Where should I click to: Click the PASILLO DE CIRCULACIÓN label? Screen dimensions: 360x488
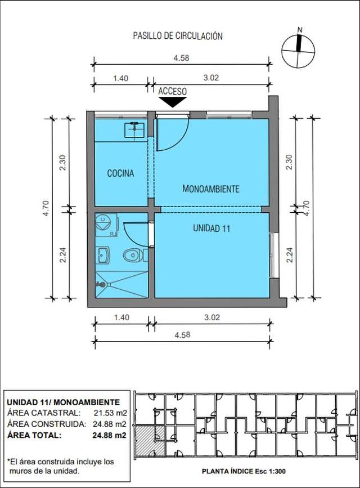coord(178,36)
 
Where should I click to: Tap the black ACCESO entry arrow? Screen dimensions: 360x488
coord(173,102)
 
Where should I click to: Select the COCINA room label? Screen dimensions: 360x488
coord(120,173)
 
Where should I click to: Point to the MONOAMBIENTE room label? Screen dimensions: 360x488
coord(210,189)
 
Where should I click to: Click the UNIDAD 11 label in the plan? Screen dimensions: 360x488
coord(211,229)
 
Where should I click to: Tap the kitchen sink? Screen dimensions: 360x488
coord(134,130)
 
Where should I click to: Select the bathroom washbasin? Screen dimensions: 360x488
coord(102,255)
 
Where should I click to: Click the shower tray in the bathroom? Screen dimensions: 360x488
coord(121,284)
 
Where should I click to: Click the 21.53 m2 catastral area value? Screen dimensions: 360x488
coord(110,413)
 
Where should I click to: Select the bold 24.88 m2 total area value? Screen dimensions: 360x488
coord(109,435)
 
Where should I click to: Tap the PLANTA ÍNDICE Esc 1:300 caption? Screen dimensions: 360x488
coord(244,471)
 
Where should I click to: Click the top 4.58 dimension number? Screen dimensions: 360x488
coord(181,58)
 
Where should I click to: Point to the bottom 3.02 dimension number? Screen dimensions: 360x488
coord(212,317)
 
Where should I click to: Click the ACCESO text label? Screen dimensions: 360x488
coord(172,92)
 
